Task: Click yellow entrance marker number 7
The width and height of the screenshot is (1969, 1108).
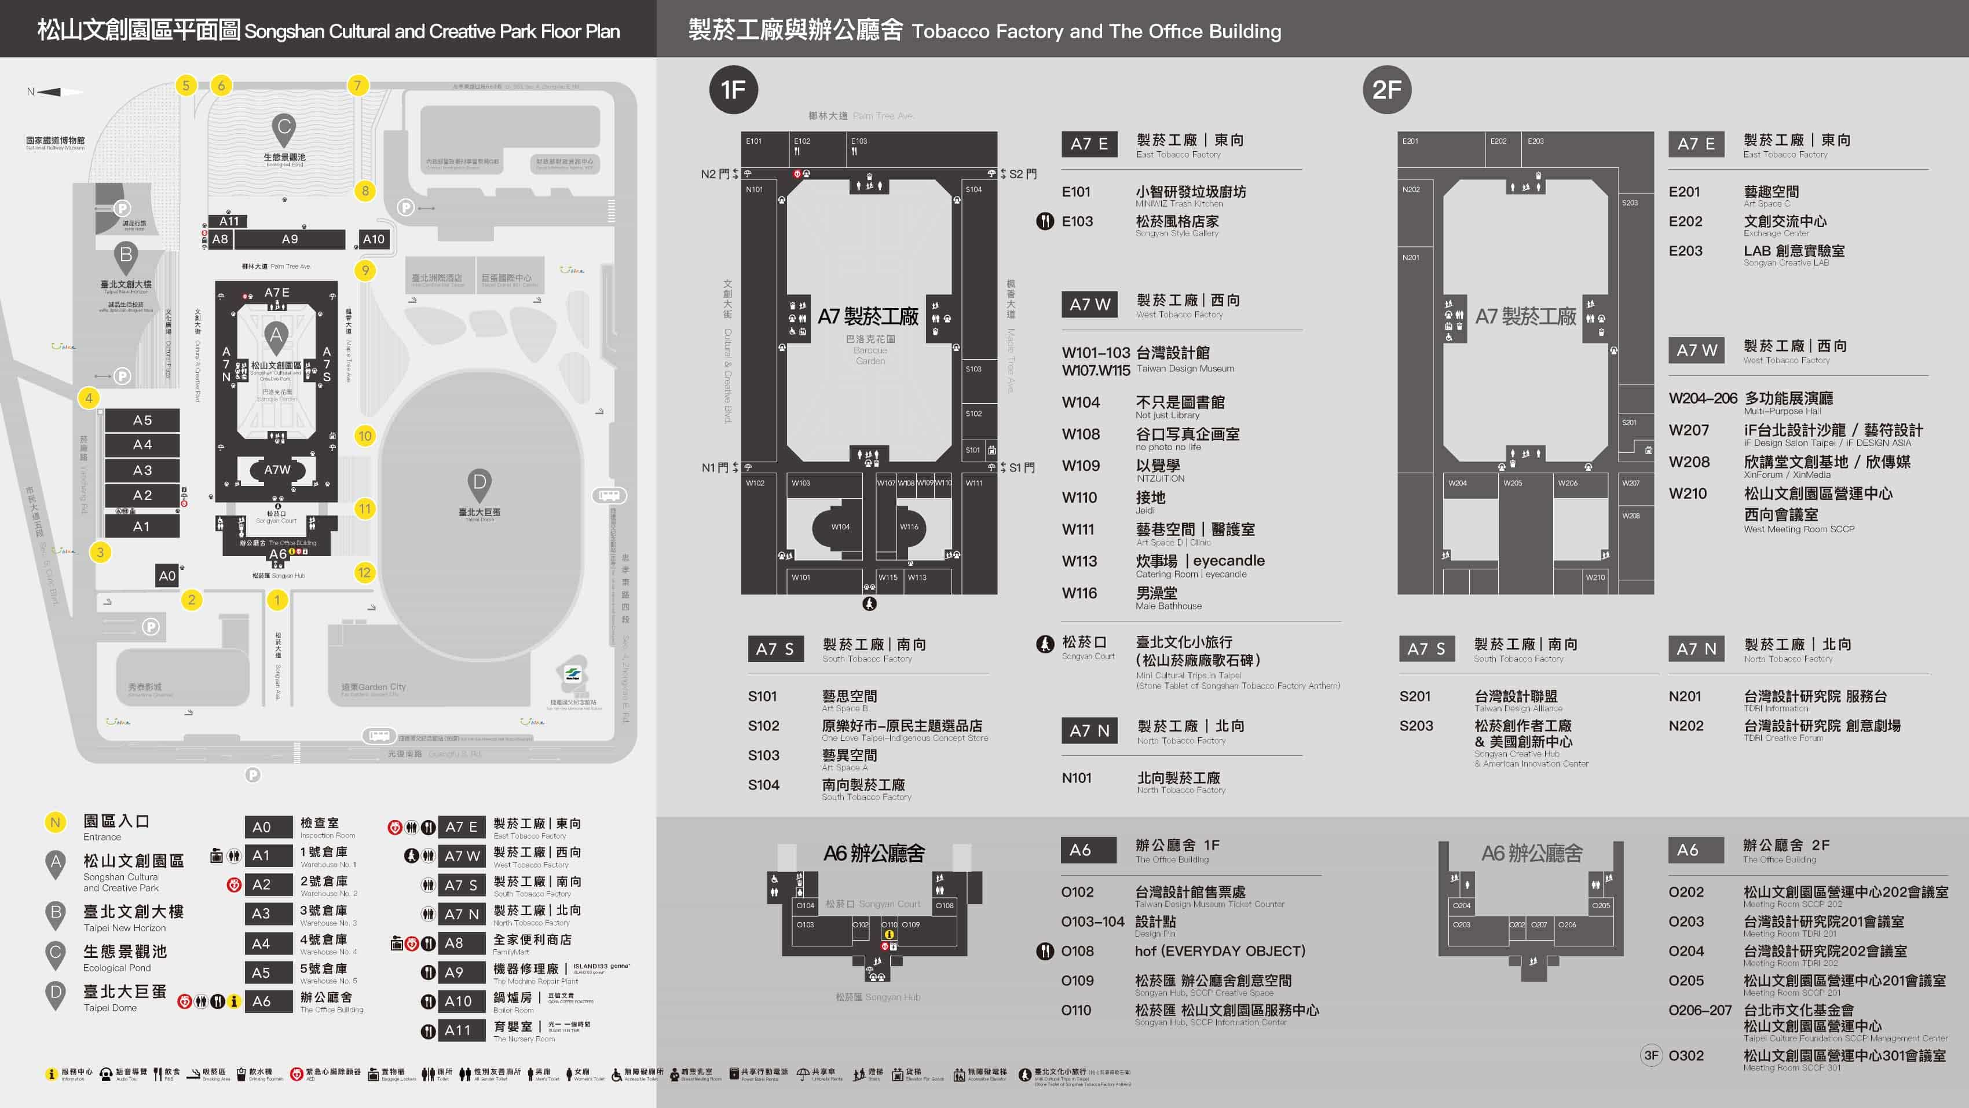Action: (357, 85)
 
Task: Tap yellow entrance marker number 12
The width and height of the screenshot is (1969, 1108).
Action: (365, 572)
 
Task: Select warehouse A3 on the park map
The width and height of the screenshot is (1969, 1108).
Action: (142, 470)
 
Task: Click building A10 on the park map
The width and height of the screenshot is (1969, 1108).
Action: (374, 239)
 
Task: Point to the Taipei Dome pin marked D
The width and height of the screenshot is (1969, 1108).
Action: (480, 483)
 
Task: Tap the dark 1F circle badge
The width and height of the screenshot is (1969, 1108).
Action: (733, 89)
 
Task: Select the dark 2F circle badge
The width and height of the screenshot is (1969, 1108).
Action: (1386, 89)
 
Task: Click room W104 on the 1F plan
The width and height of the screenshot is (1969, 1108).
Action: (841, 527)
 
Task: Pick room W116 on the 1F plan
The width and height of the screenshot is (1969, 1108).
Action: (909, 527)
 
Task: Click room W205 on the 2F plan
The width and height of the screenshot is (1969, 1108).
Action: (1513, 483)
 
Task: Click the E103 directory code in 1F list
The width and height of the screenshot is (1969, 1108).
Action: (1077, 222)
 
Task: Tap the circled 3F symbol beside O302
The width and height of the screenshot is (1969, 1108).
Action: (1651, 1055)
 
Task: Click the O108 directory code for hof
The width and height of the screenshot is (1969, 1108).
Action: (1077, 951)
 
